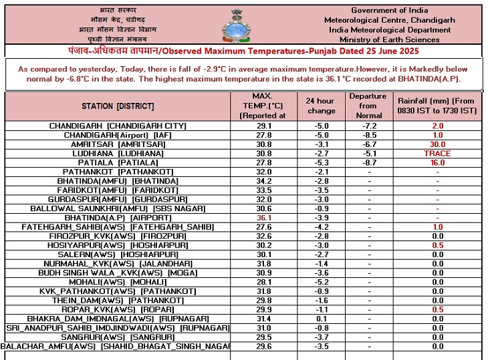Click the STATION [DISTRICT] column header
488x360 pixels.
[x=118, y=106]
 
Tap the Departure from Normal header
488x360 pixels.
[x=368, y=106]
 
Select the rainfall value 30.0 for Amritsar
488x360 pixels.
[x=437, y=144]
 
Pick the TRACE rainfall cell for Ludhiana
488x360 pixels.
[x=437, y=154]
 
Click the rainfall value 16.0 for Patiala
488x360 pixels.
[x=437, y=163]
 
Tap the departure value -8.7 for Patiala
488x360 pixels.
[x=368, y=163]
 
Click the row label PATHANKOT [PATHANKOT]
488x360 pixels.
[x=118, y=172]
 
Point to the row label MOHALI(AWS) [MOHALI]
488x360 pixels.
[x=118, y=283]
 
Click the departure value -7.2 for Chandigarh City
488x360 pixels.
[x=368, y=126]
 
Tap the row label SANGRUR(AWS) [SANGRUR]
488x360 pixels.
[x=118, y=337]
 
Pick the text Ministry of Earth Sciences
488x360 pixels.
[x=395, y=40]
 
